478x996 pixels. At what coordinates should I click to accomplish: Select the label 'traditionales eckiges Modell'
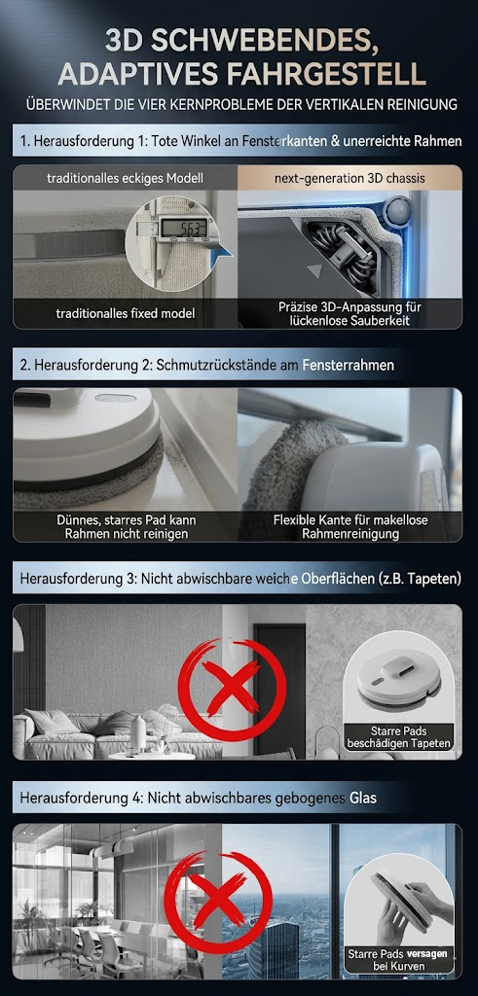tap(125, 178)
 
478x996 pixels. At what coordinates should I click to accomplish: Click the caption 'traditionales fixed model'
tap(125, 313)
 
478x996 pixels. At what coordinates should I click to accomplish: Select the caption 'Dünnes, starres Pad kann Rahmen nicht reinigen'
tap(125, 527)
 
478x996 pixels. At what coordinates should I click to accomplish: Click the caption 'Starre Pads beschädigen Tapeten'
tap(396, 736)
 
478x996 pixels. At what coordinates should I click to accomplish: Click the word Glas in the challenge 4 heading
tap(360, 798)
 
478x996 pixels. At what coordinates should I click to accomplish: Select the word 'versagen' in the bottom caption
tap(423, 954)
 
